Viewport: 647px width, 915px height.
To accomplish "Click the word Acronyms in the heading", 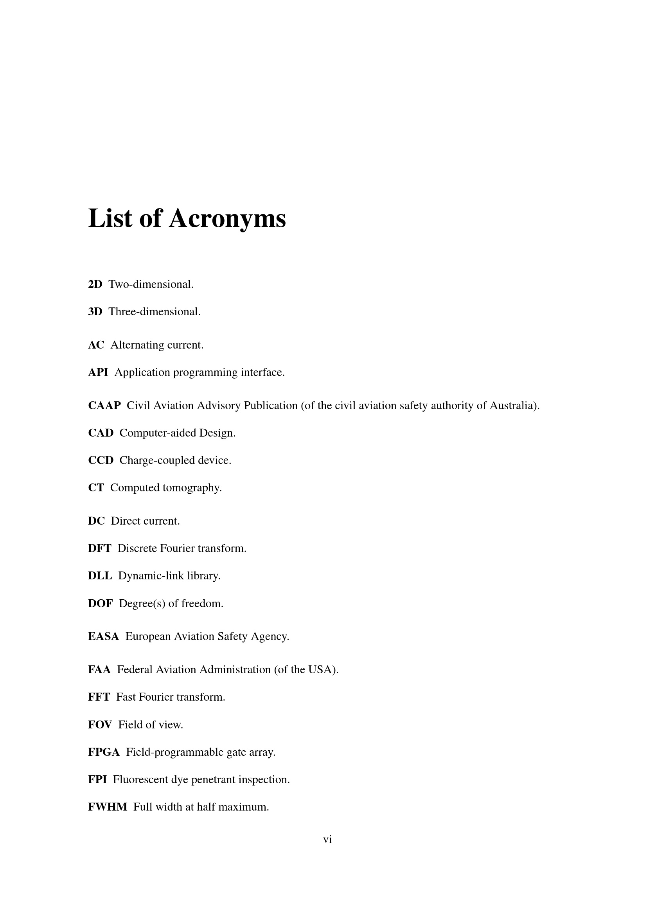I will click(227, 219).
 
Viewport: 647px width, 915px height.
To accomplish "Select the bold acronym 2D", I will click(95, 284).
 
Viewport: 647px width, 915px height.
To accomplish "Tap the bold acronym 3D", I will click(95, 312).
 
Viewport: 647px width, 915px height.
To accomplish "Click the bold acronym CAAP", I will click(104, 406).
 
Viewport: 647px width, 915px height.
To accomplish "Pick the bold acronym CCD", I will click(101, 460).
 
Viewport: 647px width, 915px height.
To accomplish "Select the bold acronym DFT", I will click(100, 548).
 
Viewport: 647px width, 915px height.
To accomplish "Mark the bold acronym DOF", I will click(101, 603).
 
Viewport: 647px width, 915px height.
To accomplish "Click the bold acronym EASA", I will click(104, 636).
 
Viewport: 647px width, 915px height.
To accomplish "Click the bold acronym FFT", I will click(99, 697).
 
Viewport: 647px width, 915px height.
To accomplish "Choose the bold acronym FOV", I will click(100, 724).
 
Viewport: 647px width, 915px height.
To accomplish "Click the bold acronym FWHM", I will click(108, 807).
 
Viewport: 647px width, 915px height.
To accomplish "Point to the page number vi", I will click(327, 839).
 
